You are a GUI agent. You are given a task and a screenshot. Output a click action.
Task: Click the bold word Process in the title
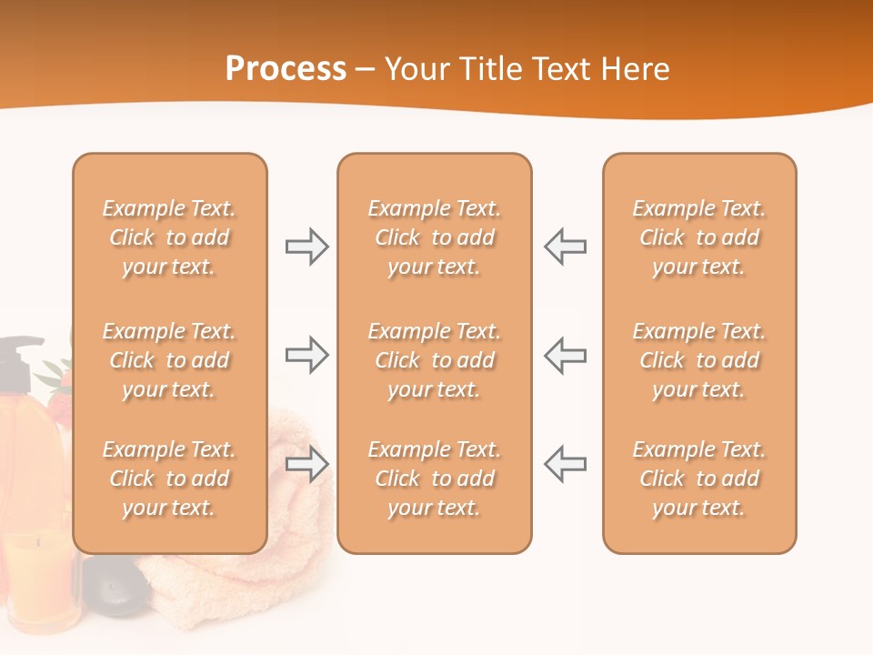286,69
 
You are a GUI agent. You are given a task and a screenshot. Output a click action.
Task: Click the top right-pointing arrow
307,247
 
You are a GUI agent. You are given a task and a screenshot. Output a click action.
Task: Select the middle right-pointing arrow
307,355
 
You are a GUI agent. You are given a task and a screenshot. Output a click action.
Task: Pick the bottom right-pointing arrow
307,464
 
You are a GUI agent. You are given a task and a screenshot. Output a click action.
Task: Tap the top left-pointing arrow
565,247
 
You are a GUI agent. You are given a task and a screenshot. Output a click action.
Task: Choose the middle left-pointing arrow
565,355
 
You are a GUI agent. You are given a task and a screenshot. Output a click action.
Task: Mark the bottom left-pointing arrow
565,464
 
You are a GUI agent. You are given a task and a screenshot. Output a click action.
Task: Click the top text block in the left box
169,237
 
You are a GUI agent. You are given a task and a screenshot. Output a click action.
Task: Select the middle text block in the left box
169,360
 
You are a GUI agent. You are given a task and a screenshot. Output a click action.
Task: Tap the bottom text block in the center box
434,479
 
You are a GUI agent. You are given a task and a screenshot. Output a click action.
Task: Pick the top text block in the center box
434,237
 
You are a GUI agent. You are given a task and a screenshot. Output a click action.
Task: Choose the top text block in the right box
698,237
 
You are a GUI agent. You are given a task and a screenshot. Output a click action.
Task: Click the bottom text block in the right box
698,479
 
